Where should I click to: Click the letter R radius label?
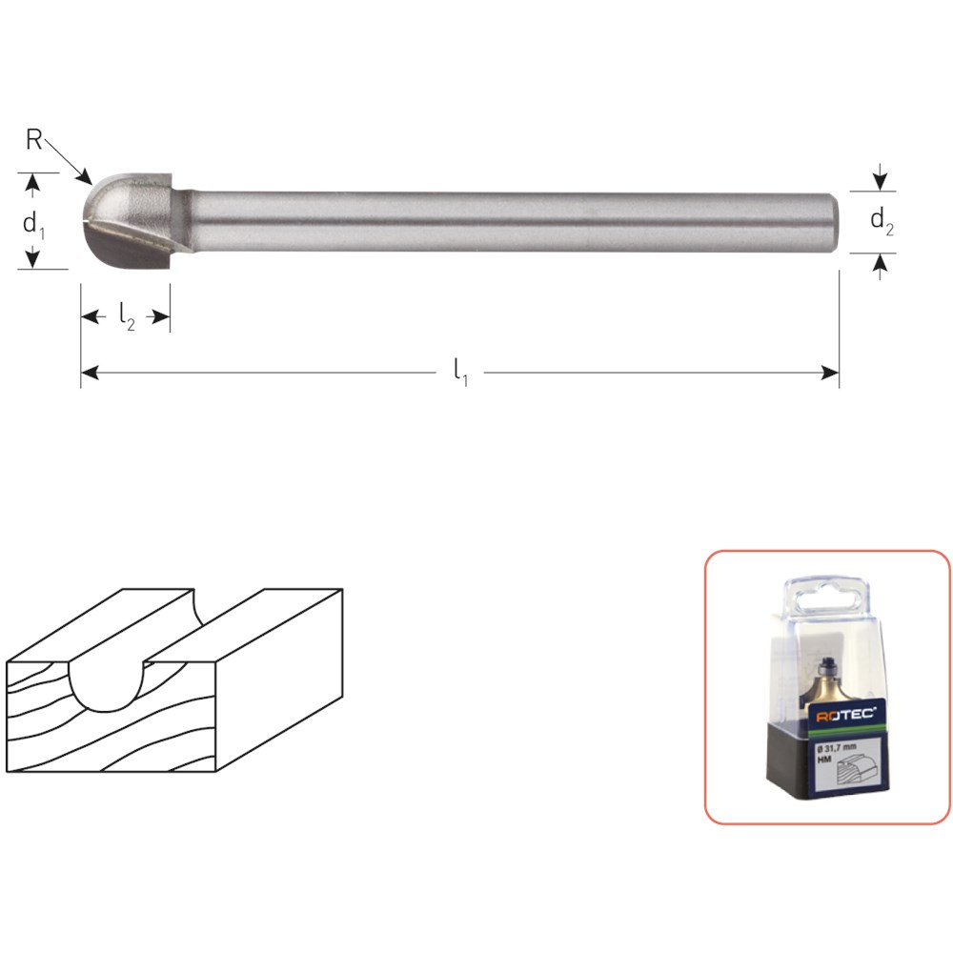(x=33, y=140)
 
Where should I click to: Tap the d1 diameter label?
(x=33, y=224)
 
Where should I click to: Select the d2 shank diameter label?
(x=882, y=220)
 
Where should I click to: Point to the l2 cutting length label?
(x=127, y=316)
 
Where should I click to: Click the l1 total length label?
(x=460, y=372)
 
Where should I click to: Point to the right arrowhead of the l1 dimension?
(x=830, y=373)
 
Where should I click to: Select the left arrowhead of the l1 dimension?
(x=90, y=373)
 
